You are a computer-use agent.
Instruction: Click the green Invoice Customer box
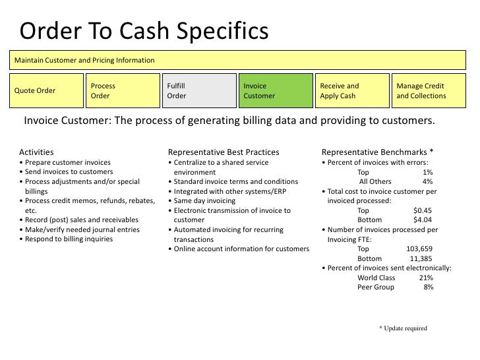[276, 91]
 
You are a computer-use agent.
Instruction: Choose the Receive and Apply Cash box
[352, 91]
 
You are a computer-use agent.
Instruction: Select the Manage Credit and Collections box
[429, 91]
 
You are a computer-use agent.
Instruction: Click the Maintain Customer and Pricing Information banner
[240, 61]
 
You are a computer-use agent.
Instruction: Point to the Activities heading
[37, 152]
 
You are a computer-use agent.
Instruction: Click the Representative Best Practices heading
[224, 152]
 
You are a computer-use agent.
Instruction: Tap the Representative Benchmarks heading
[377, 152]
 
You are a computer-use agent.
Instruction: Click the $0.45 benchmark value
[422, 211]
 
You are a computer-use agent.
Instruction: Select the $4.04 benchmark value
[422, 220]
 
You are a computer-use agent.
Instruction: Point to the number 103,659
[419, 249]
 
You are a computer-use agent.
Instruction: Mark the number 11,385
[421, 259]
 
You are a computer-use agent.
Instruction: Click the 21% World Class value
[426, 278]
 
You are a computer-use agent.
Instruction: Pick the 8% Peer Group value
[428, 287]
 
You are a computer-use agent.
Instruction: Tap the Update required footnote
[403, 328]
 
